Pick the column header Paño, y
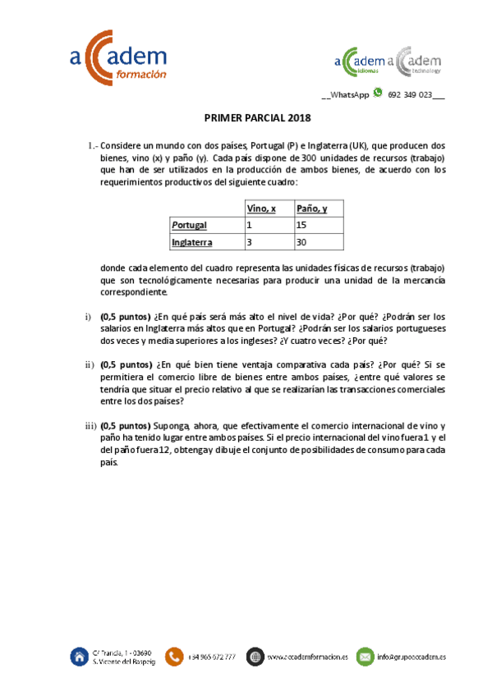(x=312, y=208)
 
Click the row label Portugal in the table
(x=189, y=225)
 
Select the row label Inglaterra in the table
(x=192, y=242)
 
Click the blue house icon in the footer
(x=80, y=656)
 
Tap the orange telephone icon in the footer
(x=174, y=656)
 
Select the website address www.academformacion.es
(x=308, y=657)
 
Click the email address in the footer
(x=412, y=657)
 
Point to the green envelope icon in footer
(x=365, y=656)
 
